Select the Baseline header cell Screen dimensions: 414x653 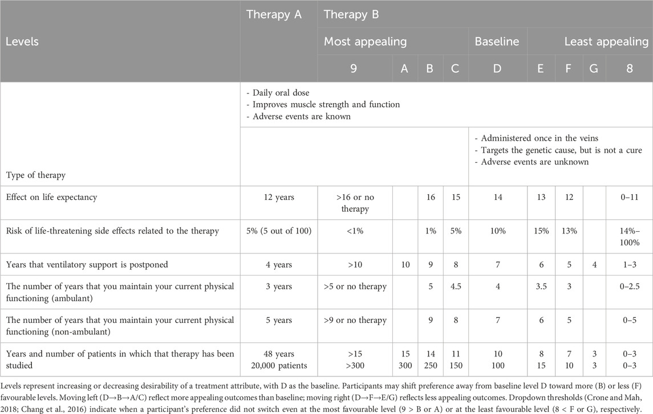pyautogui.click(x=496, y=42)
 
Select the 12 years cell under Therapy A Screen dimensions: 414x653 pyautogui.click(x=279, y=197)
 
